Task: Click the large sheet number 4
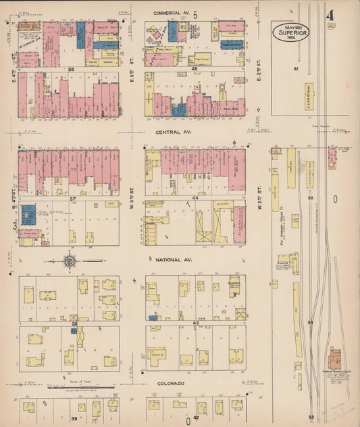coord(330,16)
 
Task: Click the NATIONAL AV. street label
coord(170,259)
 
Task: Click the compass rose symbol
coord(70,260)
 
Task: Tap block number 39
coord(74,419)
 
